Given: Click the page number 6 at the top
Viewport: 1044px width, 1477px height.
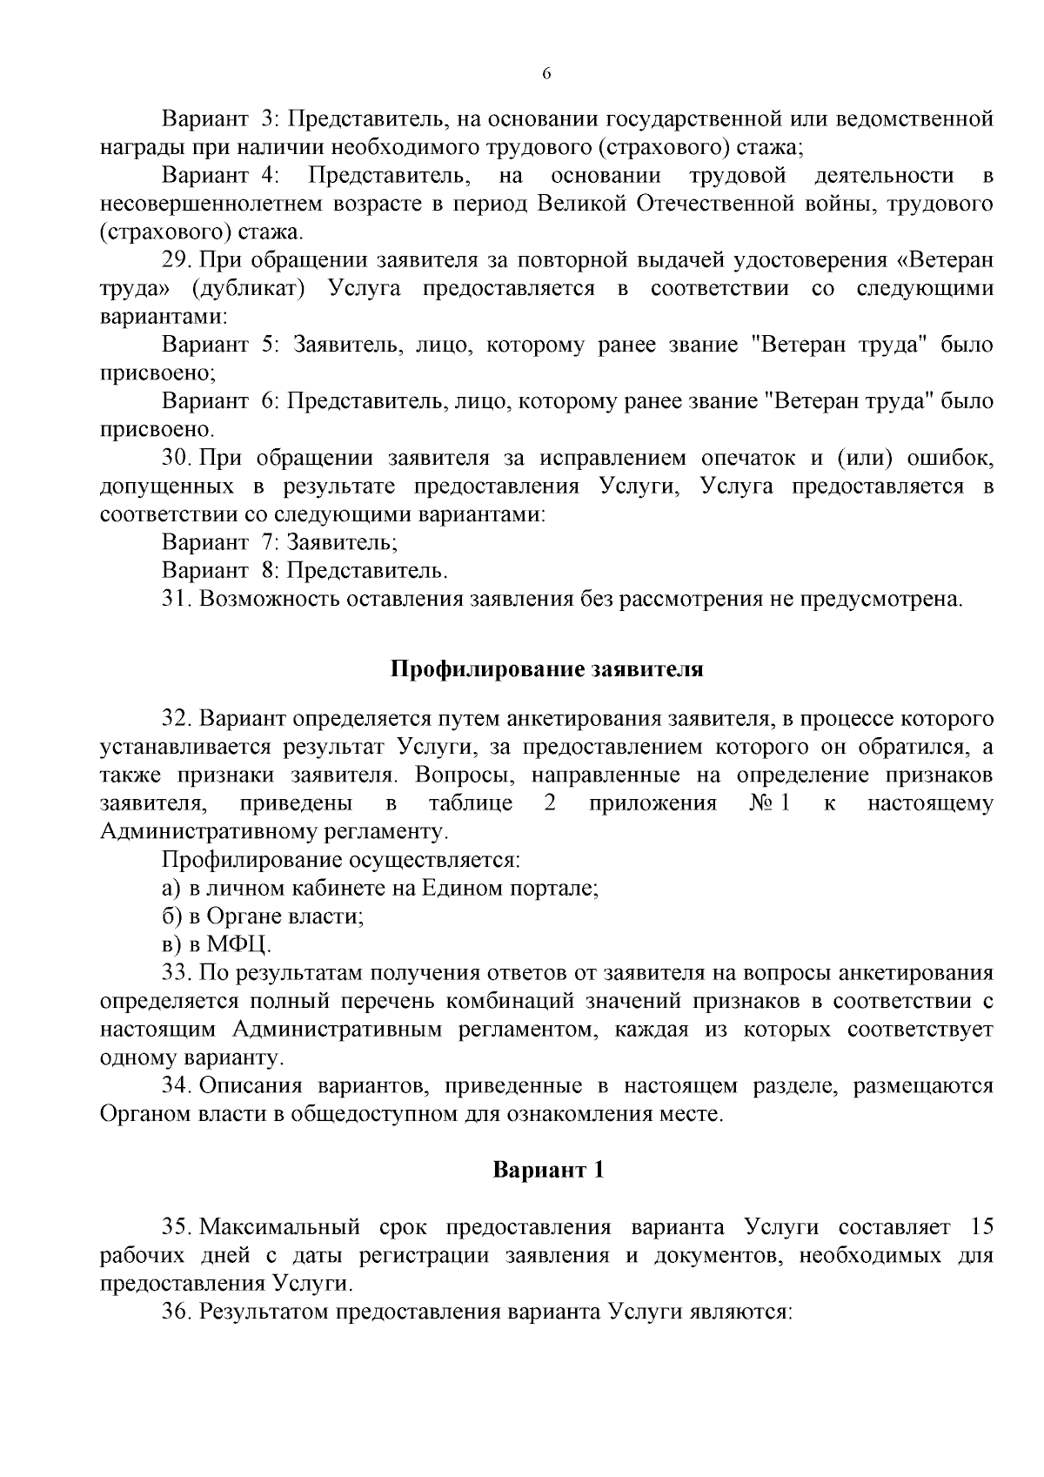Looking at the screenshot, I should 546,74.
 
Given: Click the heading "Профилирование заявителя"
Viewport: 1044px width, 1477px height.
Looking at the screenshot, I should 546,669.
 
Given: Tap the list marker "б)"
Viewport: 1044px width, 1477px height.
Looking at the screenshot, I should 171,916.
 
